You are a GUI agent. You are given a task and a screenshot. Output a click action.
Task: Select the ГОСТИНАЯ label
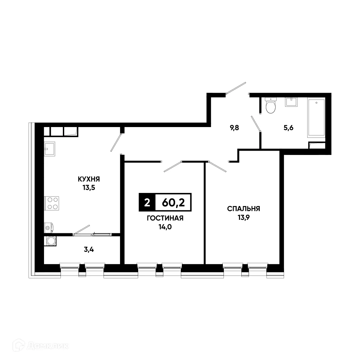(165, 218)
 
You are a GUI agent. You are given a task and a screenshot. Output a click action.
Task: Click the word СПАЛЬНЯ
(243, 209)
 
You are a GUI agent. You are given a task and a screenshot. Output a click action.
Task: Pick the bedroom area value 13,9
(243, 217)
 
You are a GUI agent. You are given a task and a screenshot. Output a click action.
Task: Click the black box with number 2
(147, 203)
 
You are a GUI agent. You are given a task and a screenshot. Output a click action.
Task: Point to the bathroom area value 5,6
(289, 128)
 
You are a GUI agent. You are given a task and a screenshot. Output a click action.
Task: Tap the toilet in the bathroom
(270, 106)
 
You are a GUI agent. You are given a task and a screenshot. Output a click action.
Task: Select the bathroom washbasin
(291, 102)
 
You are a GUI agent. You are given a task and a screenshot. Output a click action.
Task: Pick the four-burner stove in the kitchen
(52, 203)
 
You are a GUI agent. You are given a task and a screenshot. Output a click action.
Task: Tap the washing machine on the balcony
(51, 241)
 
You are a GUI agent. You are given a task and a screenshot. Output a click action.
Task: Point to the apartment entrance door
(236, 88)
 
